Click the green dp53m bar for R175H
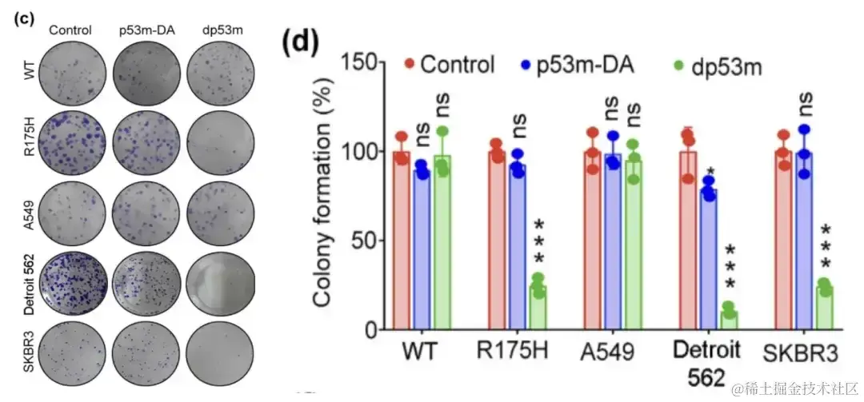(518, 307)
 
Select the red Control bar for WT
(401, 240)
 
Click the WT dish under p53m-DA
(146, 70)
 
